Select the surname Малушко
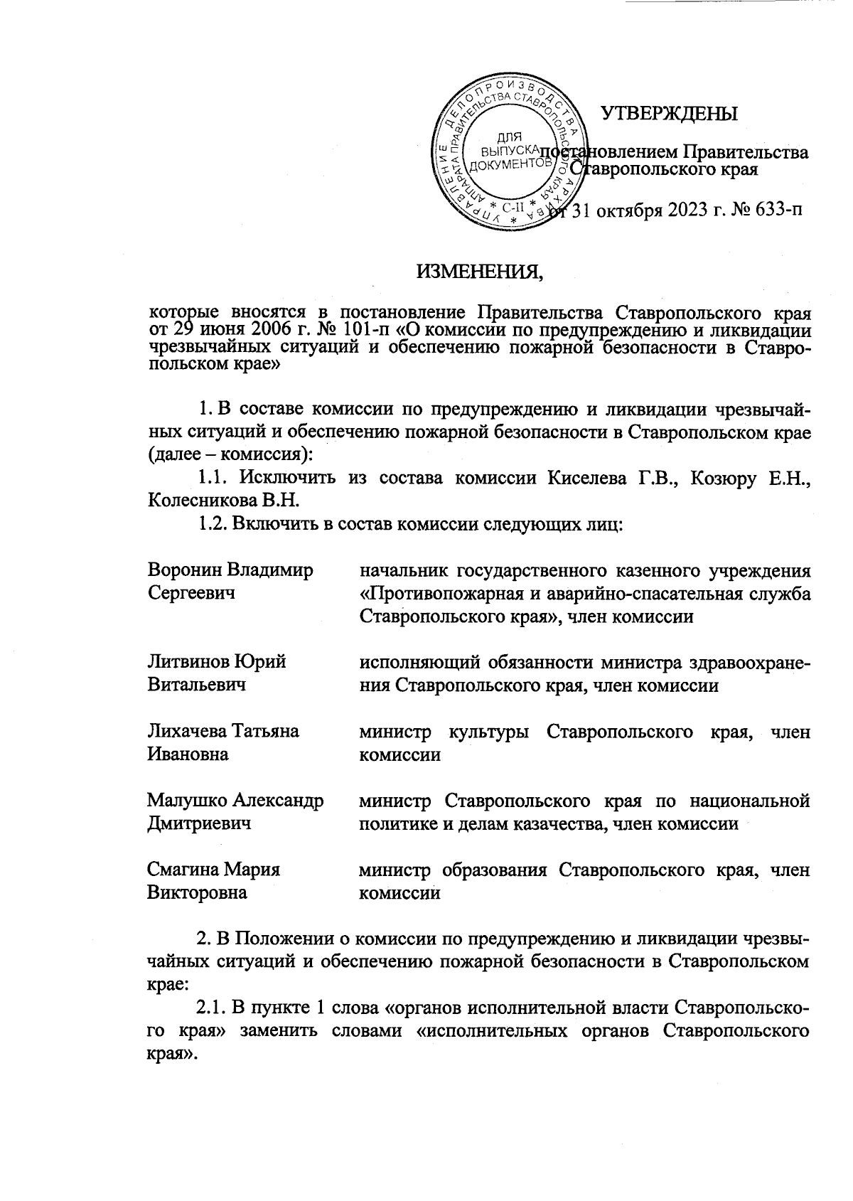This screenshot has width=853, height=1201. [x=186, y=801]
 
